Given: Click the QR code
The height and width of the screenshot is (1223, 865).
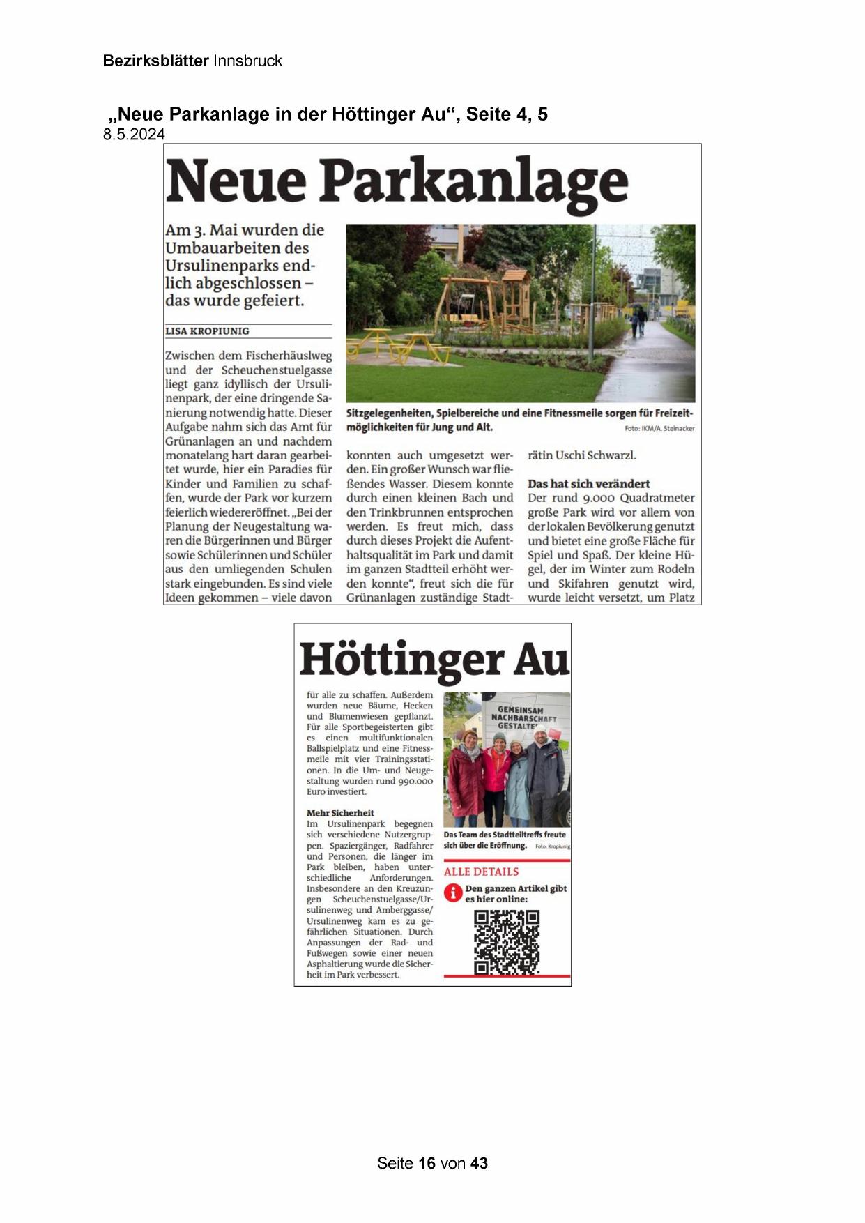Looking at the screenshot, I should click(x=507, y=942).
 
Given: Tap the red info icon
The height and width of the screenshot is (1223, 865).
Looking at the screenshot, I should click(x=453, y=892).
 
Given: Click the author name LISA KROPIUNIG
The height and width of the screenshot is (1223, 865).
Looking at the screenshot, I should click(x=207, y=331).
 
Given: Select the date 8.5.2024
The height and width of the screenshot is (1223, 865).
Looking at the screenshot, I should click(x=134, y=135).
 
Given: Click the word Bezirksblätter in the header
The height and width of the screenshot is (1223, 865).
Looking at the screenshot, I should click(x=155, y=61).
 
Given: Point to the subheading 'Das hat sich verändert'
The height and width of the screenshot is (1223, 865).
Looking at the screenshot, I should click(x=588, y=483).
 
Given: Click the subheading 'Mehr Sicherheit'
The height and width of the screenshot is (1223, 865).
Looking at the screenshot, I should click(x=340, y=812).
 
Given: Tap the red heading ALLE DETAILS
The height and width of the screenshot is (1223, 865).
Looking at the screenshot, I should click(x=481, y=872).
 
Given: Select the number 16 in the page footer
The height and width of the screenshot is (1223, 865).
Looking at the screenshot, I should click(x=427, y=1163).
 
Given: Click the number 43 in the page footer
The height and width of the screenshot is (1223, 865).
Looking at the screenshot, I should click(x=479, y=1163).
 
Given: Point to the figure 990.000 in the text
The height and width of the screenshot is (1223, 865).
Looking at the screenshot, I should click(x=415, y=781).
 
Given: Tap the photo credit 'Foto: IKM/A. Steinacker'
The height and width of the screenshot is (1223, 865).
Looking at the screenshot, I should click(x=659, y=428).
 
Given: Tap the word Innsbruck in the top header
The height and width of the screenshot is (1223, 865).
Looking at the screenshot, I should click(x=247, y=61).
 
